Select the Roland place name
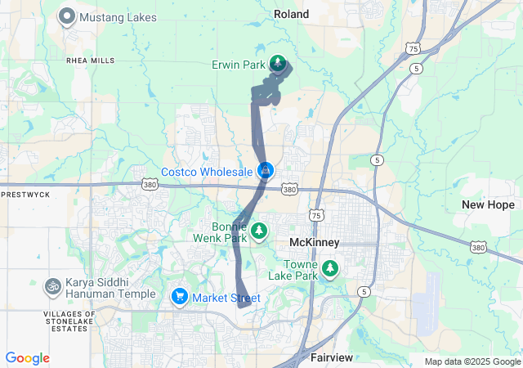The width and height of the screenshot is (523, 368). pyautogui.click(x=291, y=14)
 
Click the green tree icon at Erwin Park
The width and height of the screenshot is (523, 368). pyautogui.click(x=278, y=64)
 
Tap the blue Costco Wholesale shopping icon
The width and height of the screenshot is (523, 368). pyautogui.click(x=266, y=171)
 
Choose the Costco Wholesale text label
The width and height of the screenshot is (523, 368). pyautogui.click(x=208, y=172)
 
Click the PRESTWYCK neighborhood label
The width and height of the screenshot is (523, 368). pyautogui.click(x=26, y=195)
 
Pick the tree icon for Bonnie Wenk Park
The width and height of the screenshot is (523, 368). pyautogui.click(x=259, y=231)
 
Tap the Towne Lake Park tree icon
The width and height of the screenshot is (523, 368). pyautogui.click(x=330, y=268)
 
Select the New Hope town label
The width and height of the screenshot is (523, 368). pyautogui.click(x=488, y=204)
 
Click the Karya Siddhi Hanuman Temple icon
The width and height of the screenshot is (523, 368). pyautogui.click(x=53, y=286)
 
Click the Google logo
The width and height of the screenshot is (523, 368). pyautogui.click(x=27, y=358)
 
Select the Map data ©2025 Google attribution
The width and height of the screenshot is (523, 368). pyautogui.click(x=472, y=361)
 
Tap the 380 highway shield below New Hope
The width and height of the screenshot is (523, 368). pyautogui.click(x=478, y=246)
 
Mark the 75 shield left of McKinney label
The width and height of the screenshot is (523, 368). pyautogui.click(x=316, y=215)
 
